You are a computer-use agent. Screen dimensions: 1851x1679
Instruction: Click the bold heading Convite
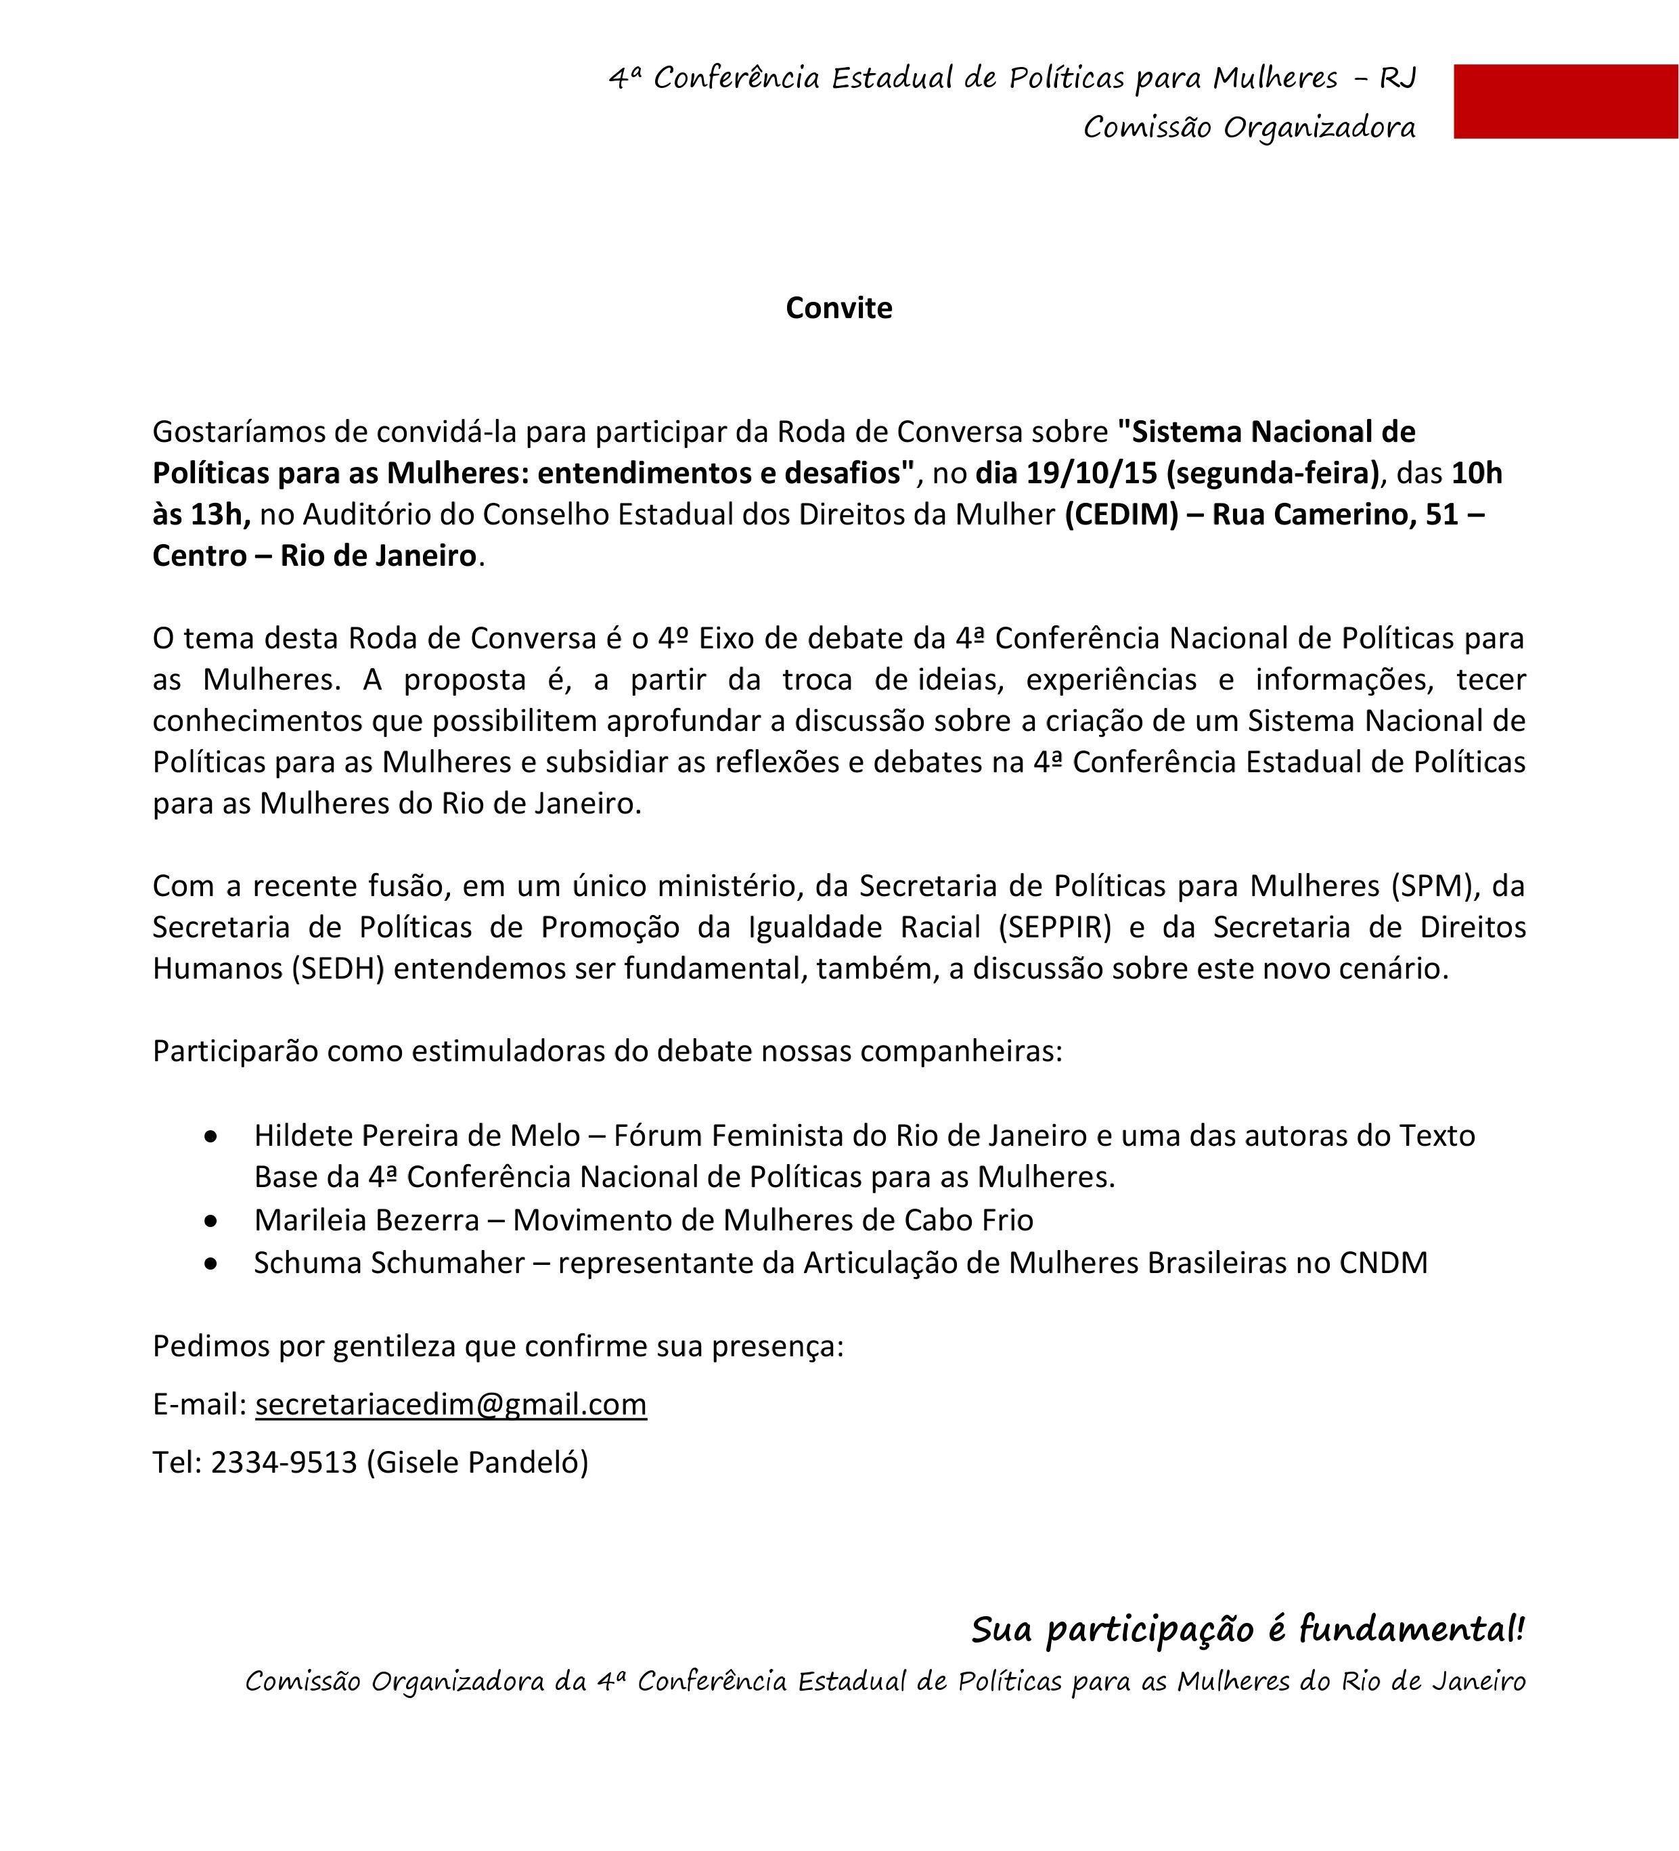pyautogui.click(x=838, y=307)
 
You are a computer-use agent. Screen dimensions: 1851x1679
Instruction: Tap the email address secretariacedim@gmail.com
pyautogui.click(x=451, y=1404)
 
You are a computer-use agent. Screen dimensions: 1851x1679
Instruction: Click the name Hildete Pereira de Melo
pyautogui.click(x=417, y=1136)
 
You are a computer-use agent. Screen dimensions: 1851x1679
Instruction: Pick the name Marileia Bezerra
pyautogui.click(x=366, y=1220)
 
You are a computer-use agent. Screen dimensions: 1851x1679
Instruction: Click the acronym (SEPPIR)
pyautogui.click(x=1055, y=927)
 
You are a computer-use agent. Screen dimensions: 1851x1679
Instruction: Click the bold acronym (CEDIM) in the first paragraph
pyautogui.click(x=1121, y=514)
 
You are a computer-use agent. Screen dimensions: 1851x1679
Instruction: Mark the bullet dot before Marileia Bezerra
pyautogui.click(x=212, y=1221)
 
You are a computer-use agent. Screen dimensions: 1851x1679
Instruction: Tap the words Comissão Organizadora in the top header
pyautogui.click(x=1249, y=128)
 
